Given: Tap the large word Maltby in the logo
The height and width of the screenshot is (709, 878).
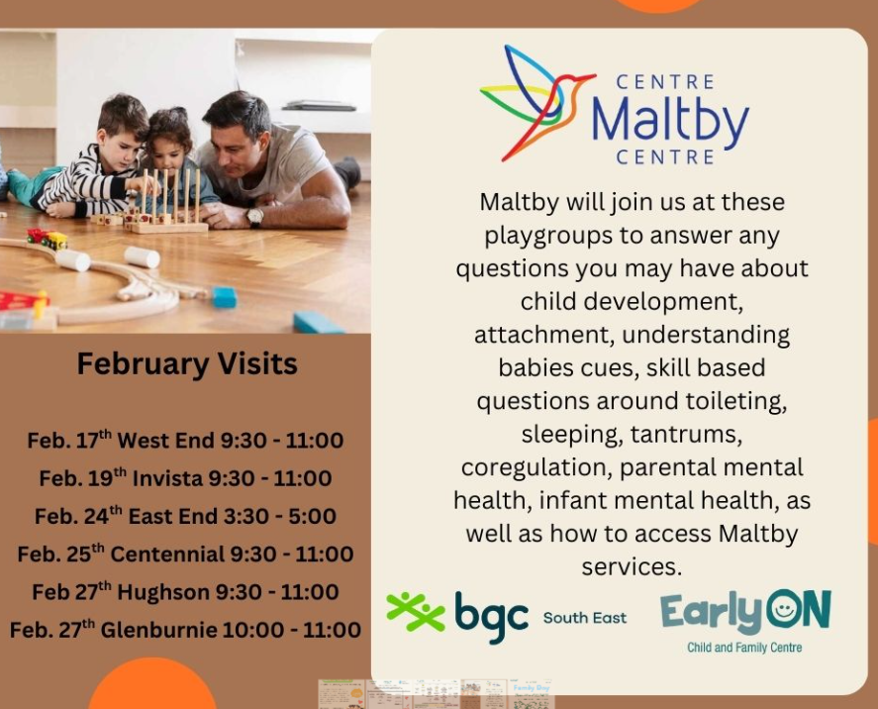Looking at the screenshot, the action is coord(670,119).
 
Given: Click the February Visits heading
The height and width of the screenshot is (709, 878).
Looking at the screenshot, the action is coord(187,364).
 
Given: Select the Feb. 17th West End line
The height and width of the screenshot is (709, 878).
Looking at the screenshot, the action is coord(185,441).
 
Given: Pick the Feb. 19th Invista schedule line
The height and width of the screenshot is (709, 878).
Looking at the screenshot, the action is coord(185,477).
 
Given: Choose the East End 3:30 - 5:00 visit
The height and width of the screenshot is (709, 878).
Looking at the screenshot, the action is coord(185,516).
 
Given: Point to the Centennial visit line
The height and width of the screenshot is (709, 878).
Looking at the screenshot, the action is coord(185,554).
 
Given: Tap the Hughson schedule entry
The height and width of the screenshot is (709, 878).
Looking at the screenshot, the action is coord(185,591).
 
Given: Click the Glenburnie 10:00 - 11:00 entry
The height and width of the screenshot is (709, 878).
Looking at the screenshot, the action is coord(185,630).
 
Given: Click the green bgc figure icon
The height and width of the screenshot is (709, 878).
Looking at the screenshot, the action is coord(416,612).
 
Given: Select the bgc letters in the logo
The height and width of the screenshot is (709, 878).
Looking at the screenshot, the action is coord(491,617).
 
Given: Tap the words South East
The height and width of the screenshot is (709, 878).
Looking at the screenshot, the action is coord(585,618).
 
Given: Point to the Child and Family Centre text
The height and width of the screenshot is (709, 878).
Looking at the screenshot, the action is coord(744,648).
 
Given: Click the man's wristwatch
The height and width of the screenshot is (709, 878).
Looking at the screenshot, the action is coord(254,217).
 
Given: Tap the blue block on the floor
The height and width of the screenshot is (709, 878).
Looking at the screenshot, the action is coord(225,297).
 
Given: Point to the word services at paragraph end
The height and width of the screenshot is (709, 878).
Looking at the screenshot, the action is coord(632,566).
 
